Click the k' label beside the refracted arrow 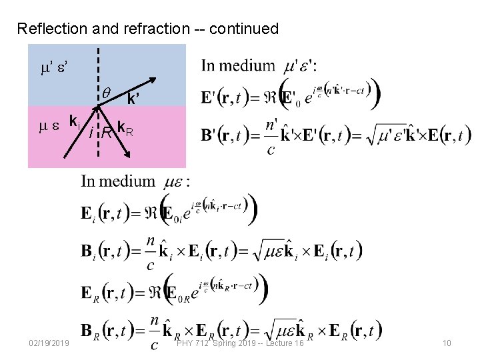133,101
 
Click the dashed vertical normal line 98,73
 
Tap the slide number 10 446,343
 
